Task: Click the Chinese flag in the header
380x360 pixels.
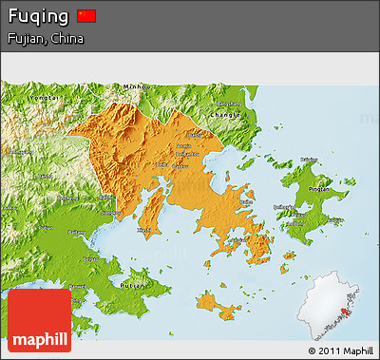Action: [86, 16]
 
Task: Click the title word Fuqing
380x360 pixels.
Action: [37, 17]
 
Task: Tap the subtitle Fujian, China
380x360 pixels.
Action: [45, 39]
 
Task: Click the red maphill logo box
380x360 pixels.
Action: [39, 320]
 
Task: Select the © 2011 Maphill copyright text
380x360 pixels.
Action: [340, 351]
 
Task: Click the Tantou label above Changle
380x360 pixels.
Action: [226, 102]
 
